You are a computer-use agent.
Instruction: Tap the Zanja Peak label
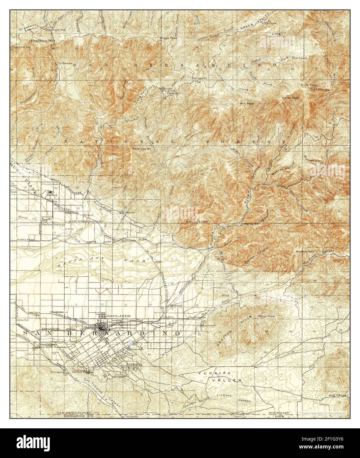click(266, 316)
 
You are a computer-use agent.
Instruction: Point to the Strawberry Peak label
click(42, 41)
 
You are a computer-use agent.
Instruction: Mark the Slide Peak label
click(308, 85)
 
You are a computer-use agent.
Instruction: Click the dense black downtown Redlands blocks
click(103, 327)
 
